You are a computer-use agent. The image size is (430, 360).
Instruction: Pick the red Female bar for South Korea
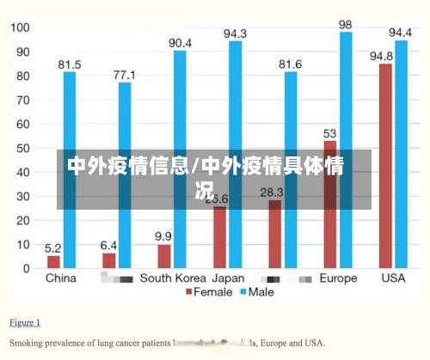coord(164,256)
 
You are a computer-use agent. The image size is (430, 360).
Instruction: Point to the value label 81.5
coord(70,64)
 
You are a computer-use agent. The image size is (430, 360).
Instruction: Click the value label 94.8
coord(382,56)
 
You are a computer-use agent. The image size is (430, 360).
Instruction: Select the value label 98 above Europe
coord(346,25)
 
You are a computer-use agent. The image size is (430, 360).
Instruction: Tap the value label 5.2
coord(53,247)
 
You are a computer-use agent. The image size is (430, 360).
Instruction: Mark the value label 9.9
coord(163,236)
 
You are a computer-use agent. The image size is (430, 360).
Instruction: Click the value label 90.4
coord(180,43)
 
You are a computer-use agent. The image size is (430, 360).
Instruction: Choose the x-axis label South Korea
coord(173,278)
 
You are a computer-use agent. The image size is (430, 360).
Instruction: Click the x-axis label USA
coord(392,278)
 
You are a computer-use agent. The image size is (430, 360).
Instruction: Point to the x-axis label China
coord(60,278)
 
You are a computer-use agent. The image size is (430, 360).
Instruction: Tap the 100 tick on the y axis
coord(19,27)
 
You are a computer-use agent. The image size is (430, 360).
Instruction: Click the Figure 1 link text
coord(25,323)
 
